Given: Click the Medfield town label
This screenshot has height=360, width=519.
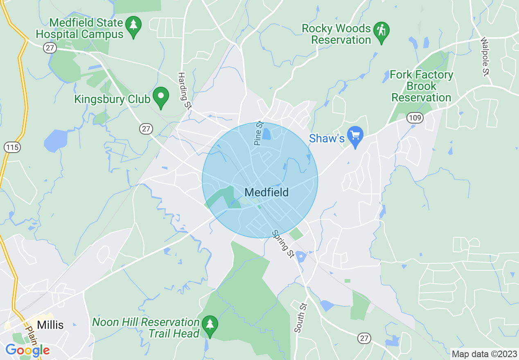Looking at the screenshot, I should click(x=266, y=192).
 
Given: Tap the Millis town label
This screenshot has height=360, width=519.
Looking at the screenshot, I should click(x=50, y=325).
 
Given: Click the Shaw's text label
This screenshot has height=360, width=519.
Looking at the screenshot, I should click(x=327, y=139).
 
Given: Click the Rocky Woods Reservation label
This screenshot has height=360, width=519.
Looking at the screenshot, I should click(x=336, y=34).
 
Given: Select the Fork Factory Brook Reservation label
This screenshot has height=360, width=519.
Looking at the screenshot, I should click(x=422, y=86).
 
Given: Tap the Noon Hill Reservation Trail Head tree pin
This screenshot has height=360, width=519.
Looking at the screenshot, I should click(x=210, y=325).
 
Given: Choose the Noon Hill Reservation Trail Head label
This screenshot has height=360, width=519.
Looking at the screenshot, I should click(x=146, y=328).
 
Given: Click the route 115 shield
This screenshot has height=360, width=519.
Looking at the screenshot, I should click(x=13, y=147).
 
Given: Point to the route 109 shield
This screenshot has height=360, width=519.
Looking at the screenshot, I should click(x=415, y=118).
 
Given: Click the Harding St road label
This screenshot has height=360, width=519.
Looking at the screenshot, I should click(x=185, y=91).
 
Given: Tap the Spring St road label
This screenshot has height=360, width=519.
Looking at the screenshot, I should click(x=283, y=244).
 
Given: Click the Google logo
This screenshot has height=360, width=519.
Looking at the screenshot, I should click(x=27, y=350).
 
